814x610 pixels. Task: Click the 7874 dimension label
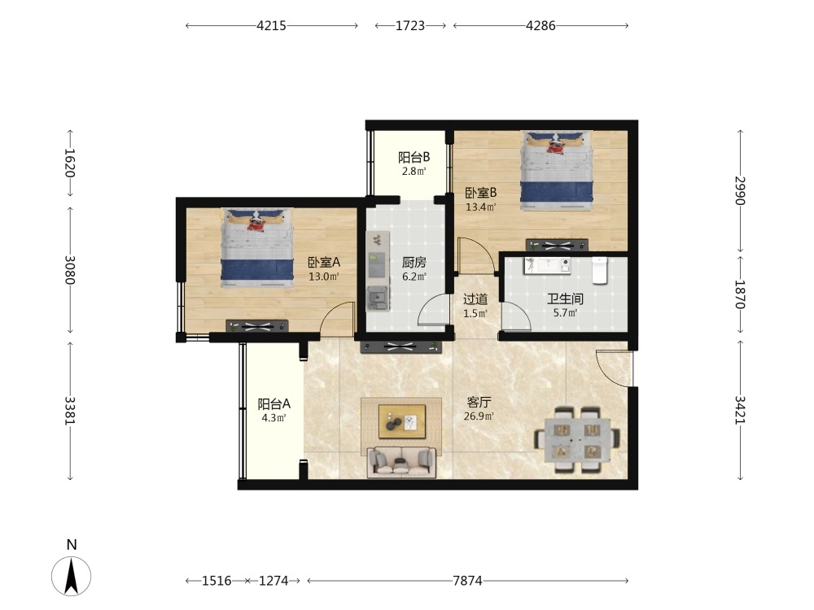click(x=467, y=581)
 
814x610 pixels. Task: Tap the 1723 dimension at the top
click(x=410, y=25)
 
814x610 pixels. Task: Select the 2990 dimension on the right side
click(x=740, y=191)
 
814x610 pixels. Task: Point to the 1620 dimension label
click(x=70, y=163)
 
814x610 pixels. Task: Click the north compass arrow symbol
click(x=71, y=575)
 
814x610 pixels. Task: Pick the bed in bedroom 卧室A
click(x=257, y=247)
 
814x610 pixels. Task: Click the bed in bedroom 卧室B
click(x=557, y=170)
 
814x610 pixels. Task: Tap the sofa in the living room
click(x=402, y=462)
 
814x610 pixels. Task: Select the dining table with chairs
click(x=577, y=439)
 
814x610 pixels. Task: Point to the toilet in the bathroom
click(x=600, y=270)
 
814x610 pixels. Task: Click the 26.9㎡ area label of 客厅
click(x=479, y=416)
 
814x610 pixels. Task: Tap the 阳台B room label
click(x=414, y=157)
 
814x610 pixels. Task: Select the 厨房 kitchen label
click(x=414, y=263)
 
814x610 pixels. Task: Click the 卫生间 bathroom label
click(x=565, y=298)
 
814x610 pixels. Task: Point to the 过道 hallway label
click(x=475, y=299)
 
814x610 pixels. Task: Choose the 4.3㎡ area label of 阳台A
click(x=274, y=417)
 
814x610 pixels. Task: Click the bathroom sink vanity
click(x=547, y=266)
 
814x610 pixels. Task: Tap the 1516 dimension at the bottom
click(x=217, y=581)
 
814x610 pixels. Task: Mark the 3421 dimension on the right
click(x=740, y=410)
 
